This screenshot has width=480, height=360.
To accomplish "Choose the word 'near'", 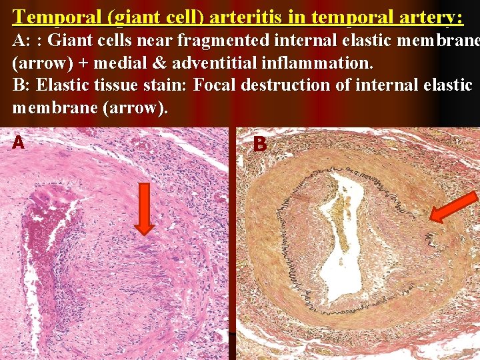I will pyautogui.click(x=156, y=41).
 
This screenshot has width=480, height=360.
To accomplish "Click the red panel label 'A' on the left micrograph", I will pyautogui.click(x=19, y=142).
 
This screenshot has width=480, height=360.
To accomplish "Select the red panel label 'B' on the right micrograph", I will pyautogui.click(x=260, y=143).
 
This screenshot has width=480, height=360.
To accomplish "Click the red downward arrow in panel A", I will pyautogui.click(x=143, y=209).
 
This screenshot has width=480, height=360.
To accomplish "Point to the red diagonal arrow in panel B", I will pyautogui.click(x=453, y=207).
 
